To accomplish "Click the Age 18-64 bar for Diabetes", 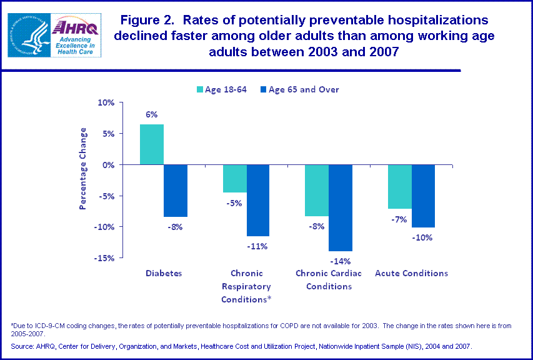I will [152, 144].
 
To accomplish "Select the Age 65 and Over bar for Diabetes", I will [175, 191].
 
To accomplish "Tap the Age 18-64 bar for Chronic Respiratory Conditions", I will [235, 178].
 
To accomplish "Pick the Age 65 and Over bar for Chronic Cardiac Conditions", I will [341, 207].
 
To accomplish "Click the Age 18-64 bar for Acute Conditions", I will [400, 186].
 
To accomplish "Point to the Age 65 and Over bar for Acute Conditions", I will [423, 196].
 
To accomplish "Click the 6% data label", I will [152, 115].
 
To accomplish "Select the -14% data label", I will [341, 261].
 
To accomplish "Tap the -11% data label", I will [257, 246].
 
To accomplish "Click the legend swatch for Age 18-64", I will [201, 90].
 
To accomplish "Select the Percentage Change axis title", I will [82, 168].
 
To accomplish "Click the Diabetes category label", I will [164, 273].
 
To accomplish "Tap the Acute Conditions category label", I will [411, 273].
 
